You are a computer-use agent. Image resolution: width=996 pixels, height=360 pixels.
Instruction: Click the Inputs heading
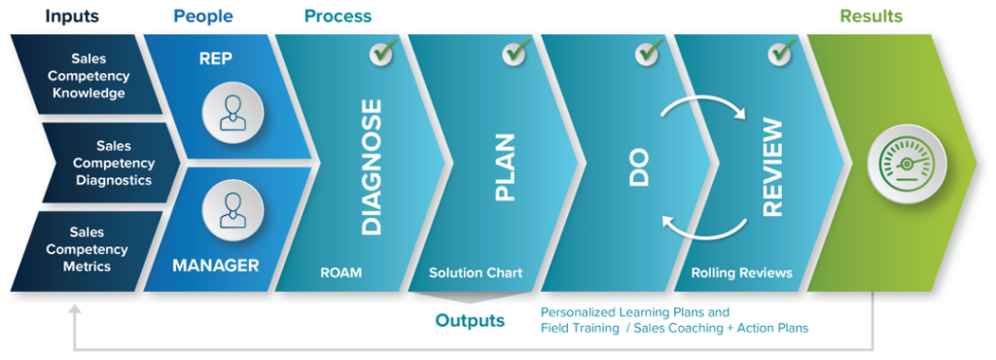click(x=72, y=16)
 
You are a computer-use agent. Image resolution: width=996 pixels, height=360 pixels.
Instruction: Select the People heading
click(x=203, y=17)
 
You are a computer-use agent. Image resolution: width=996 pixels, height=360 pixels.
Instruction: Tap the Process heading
click(x=338, y=16)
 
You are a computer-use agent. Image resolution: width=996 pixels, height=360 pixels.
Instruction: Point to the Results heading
click(x=871, y=16)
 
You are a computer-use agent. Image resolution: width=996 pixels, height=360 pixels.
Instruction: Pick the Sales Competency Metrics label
click(x=87, y=249)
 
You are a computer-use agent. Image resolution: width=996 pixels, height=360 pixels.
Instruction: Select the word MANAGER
click(x=216, y=265)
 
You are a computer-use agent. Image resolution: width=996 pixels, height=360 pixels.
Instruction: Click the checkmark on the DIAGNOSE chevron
click(x=382, y=53)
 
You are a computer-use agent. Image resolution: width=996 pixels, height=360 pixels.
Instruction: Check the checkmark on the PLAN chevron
click(x=516, y=53)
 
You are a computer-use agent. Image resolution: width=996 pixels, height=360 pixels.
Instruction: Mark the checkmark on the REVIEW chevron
click(x=781, y=53)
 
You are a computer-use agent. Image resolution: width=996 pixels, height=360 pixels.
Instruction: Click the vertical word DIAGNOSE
click(x=372, y=166)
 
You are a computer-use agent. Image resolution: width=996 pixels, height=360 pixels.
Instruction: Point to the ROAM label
click(x=340, y=273)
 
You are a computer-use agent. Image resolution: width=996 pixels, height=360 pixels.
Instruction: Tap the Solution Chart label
click(x=476, y=273)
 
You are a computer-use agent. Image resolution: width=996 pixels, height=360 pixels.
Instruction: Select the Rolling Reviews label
click(x=742, y=273)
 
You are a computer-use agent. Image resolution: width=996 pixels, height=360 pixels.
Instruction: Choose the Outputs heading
click(x=470, y=321)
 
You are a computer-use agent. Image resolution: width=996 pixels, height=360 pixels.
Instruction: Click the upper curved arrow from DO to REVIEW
click(x=704, y=101)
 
